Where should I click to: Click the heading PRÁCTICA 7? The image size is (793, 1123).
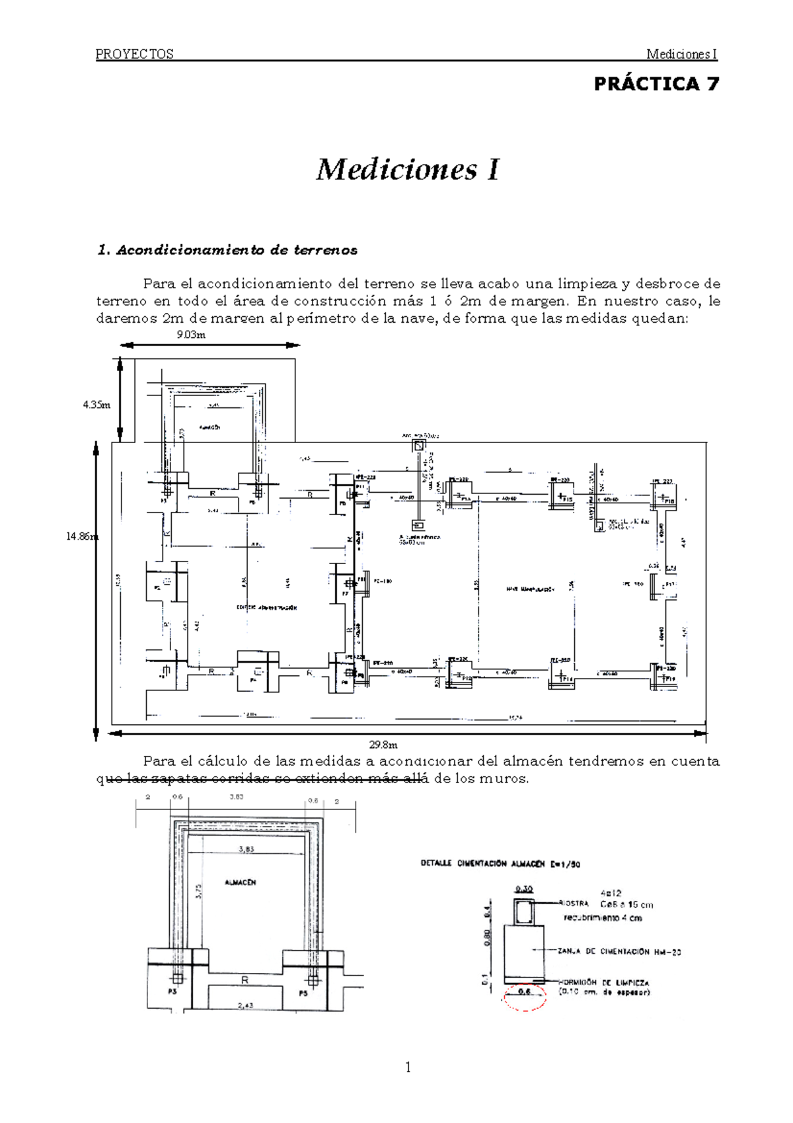(656, 84)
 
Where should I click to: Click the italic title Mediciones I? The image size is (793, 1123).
(408, 169)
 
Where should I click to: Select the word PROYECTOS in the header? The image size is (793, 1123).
(135, 54)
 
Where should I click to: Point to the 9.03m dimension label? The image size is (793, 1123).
(191, 335)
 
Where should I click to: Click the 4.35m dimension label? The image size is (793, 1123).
(96, 405)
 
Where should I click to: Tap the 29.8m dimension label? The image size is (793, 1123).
(383, 745)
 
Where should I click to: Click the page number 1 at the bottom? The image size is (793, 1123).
(408, 1067)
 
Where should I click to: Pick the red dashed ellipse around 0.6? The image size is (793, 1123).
(525, 996)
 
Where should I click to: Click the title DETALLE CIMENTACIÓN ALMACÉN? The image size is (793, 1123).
(500, 864)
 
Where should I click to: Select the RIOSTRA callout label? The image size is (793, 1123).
(574, 903)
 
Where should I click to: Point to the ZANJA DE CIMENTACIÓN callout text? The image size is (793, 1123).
(619, 952)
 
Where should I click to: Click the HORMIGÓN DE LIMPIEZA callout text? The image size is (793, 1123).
(605, 983)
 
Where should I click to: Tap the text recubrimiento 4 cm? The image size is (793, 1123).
(603, 918)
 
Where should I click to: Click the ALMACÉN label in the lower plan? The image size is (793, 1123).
(240, 882)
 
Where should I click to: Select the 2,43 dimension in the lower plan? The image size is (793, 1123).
(245, 1005)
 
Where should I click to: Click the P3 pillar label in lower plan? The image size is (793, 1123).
(172, 992)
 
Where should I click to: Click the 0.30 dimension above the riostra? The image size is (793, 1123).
(524, 890)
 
